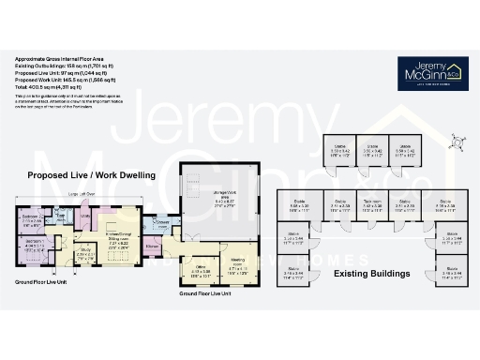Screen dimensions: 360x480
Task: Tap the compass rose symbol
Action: click(457, 142)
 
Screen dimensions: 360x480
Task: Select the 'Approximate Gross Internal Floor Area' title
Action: click(59, 61)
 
